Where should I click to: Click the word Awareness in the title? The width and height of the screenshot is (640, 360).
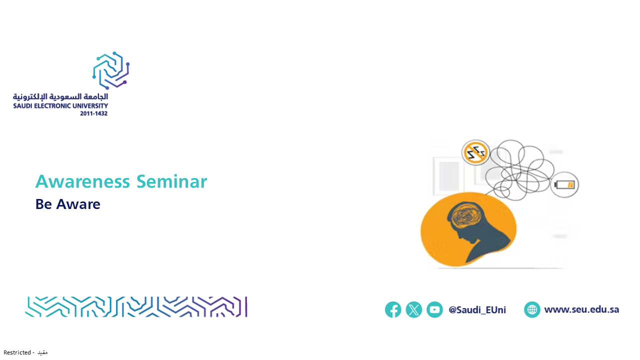[82, 181]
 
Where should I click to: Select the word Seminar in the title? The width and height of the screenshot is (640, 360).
[171, 181]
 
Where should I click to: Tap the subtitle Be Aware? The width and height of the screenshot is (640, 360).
[67, 204]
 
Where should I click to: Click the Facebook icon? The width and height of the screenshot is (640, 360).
[393, 309]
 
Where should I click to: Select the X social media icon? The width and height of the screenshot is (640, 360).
[413, 309]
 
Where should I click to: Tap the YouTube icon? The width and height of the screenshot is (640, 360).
[434, 309]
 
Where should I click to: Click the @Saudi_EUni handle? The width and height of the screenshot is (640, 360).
[477, 310]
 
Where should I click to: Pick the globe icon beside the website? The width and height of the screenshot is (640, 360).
[532, 309]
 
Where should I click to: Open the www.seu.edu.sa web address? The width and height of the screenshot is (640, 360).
[581, 309]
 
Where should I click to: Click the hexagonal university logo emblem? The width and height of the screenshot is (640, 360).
[111, 70]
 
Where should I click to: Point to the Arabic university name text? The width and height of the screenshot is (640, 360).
[60, 96]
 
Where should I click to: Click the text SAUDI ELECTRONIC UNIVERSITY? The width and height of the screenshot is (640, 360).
[60, 106]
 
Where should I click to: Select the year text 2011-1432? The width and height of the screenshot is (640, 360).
[93, 113]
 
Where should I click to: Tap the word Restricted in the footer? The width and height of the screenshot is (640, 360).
[17, 352]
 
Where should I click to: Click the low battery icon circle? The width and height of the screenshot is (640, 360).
[564, 185]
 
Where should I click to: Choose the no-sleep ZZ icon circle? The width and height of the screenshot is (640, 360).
[475, 152]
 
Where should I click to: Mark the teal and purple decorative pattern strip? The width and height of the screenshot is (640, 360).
[136, 307]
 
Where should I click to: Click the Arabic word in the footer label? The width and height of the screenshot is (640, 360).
[42, 352]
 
